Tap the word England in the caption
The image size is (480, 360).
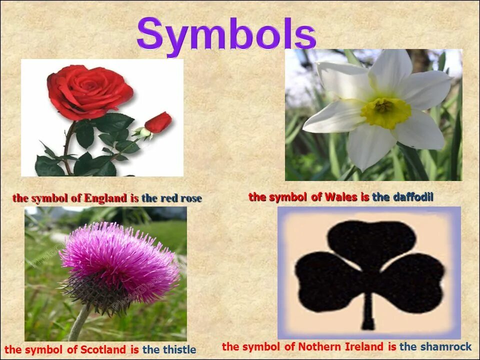105,198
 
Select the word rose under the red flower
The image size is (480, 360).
191,198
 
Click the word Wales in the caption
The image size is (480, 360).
340,197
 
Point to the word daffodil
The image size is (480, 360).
413,197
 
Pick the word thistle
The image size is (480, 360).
177,349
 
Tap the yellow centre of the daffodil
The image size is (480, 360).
385,111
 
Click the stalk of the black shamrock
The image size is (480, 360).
368,310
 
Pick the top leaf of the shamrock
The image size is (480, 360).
372,242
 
